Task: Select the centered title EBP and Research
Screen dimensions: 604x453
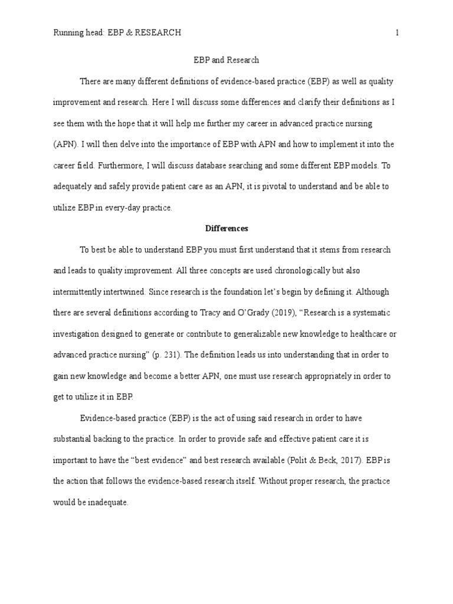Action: [226, 60]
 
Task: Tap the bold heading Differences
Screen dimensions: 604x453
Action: [226, 228]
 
